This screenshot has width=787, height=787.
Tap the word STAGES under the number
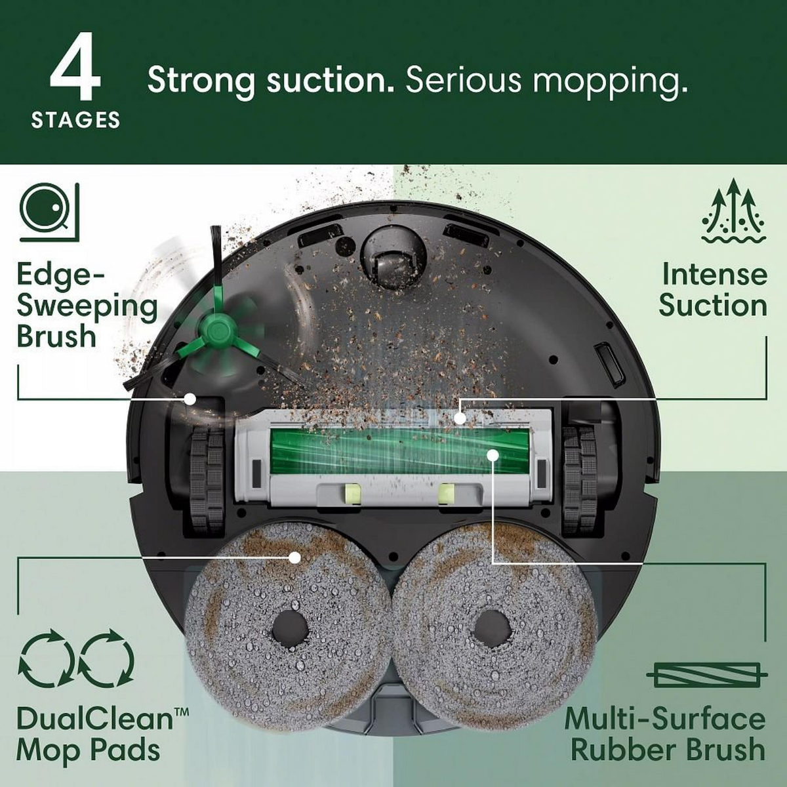coord(75,120)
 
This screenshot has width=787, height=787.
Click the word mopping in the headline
coord(610,81)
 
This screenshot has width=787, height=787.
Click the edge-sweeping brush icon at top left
coord(50,212)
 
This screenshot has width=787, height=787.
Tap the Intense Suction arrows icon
coord(733,212)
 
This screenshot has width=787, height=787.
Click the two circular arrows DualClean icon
coord(76,658)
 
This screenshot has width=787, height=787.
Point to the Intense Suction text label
coord(713,290)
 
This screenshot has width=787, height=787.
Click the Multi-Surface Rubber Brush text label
coord(665,733)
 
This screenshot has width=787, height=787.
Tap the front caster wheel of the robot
coord(392,257)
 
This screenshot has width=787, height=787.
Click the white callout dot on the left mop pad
coord(295,557)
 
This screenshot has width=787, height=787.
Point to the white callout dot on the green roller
coord(493,454)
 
